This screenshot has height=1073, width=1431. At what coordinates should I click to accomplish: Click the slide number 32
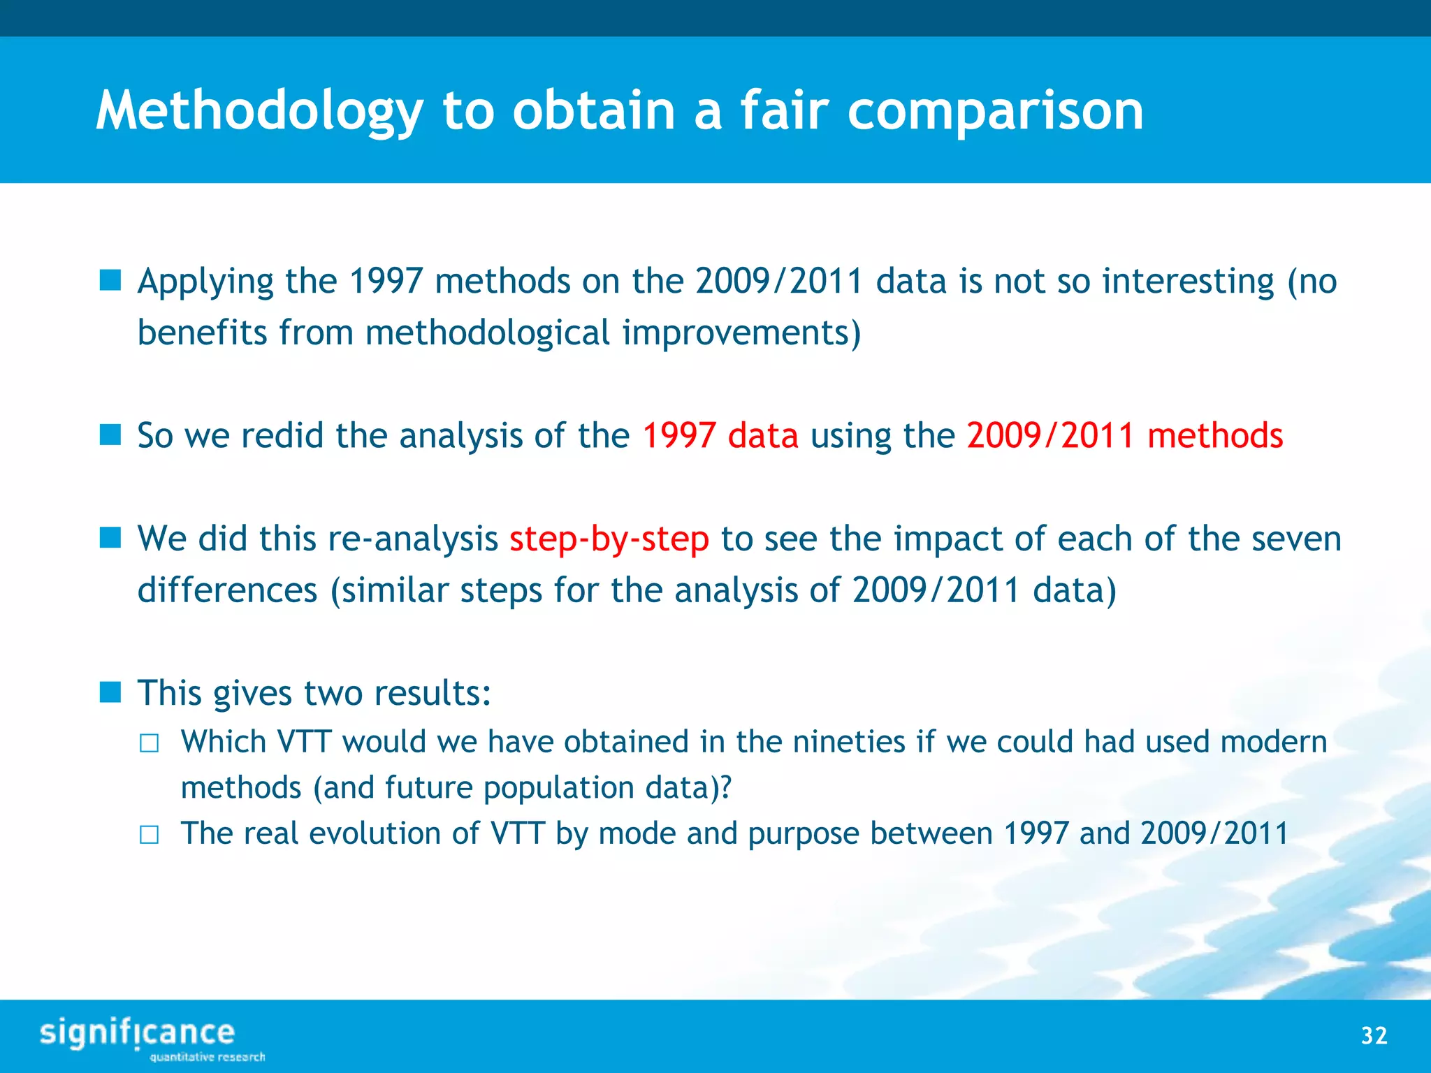click(x=1374, y=1035)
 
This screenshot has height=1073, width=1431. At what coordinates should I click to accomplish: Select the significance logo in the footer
click(x=138, y=1033)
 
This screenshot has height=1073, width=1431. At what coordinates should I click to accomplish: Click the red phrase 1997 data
click(x=720, y=436)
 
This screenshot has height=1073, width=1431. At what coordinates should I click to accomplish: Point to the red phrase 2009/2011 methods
click(x=1124, y=436)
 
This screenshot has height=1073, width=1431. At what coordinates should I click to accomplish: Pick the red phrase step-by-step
click(x=609, y=539)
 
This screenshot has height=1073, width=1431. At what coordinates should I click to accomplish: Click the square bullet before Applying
click(x=110, y=281)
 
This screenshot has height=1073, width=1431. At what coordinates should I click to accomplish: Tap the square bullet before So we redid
click(x=110, y=435)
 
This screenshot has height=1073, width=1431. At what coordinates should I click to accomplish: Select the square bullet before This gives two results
click(x=110, y=693)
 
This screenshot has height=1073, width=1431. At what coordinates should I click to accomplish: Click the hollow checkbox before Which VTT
click(x=149, y=743)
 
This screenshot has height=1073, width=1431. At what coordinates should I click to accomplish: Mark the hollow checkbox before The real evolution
click(x=149, y=835)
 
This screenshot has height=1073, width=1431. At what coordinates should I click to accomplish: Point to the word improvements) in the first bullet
click(x=741, y=333)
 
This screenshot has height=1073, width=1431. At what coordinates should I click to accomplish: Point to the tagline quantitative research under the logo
click(x=208, y=1057)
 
